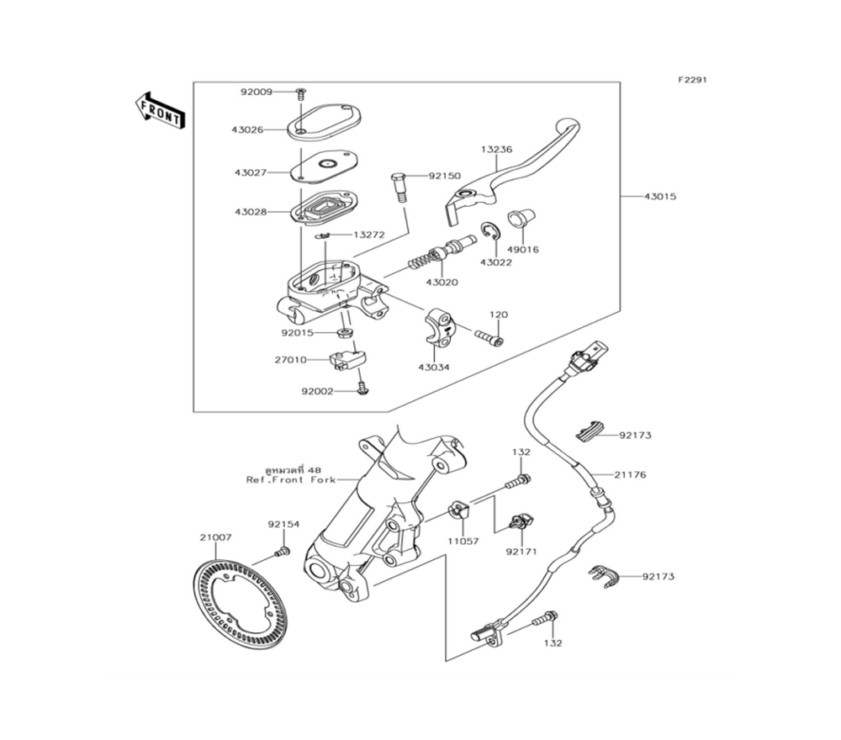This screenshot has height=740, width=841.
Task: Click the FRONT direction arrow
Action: [x=159, y=109]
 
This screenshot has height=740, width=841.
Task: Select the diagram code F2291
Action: [x=693, y=80]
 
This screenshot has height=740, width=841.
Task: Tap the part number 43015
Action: [x=660, y=197]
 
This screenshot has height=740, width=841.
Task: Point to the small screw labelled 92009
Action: [x=300, y=92]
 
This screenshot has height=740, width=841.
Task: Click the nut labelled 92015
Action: [x=343, y=334]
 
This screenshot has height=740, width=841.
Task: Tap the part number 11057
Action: [x=463, y=541]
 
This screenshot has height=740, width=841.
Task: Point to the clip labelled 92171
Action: [x=521, y=523]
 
